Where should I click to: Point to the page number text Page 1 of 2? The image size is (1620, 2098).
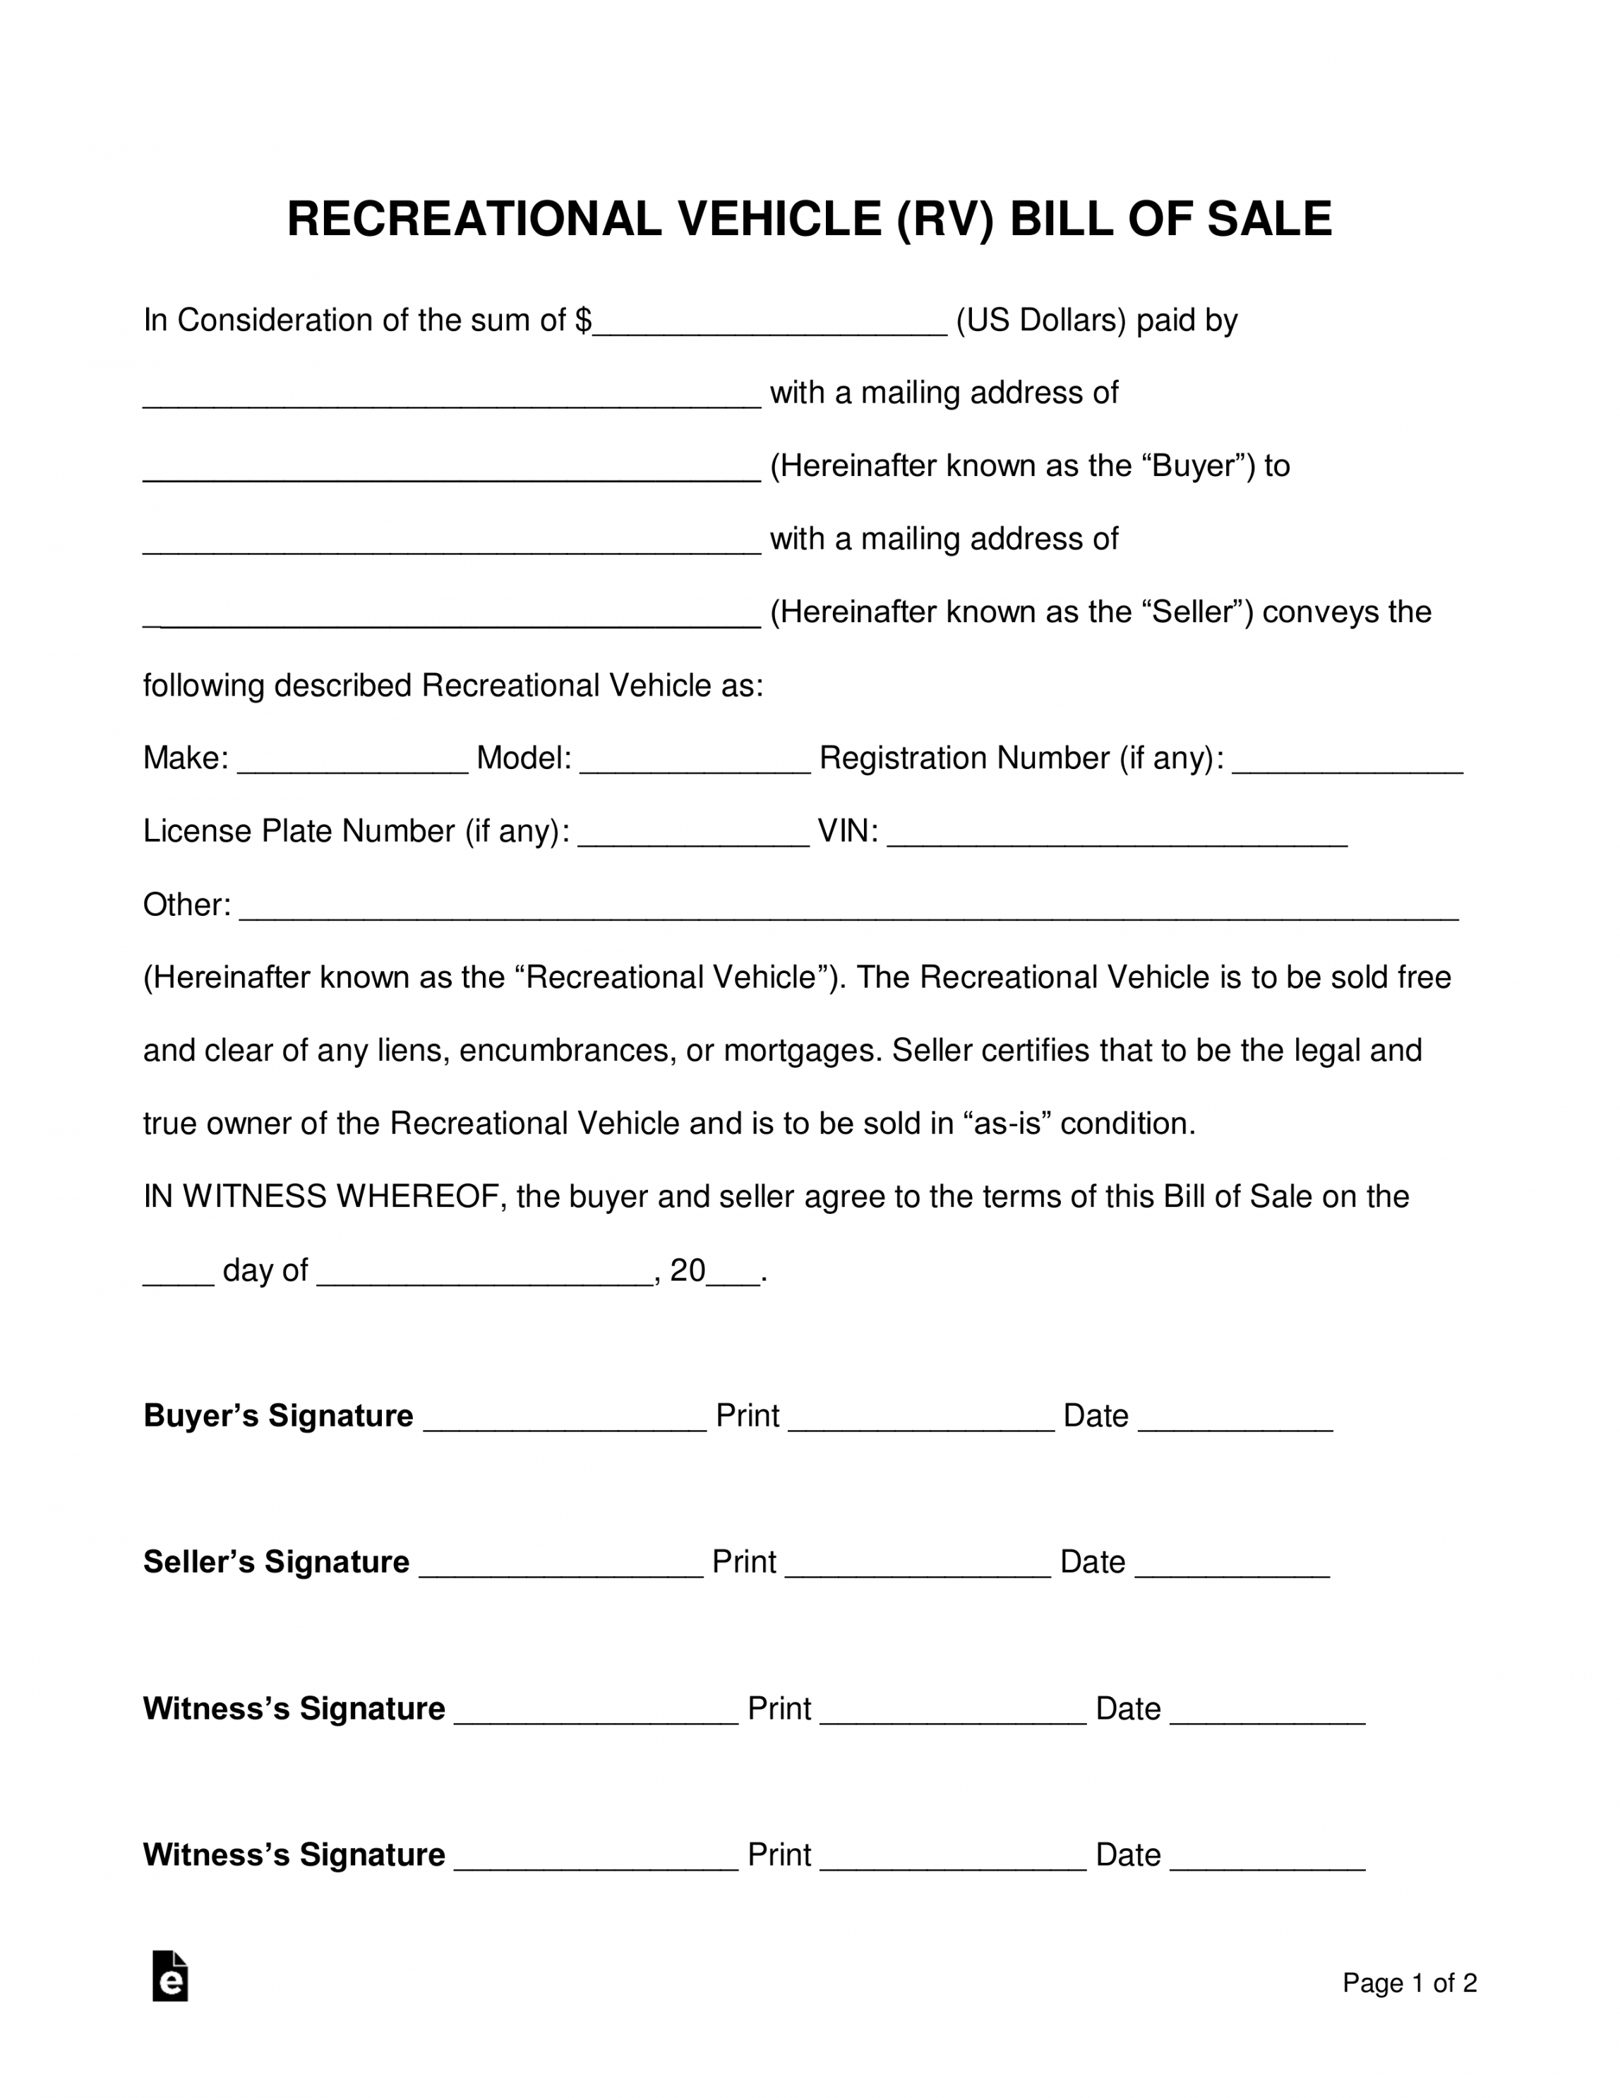tap(1409, 1983)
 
